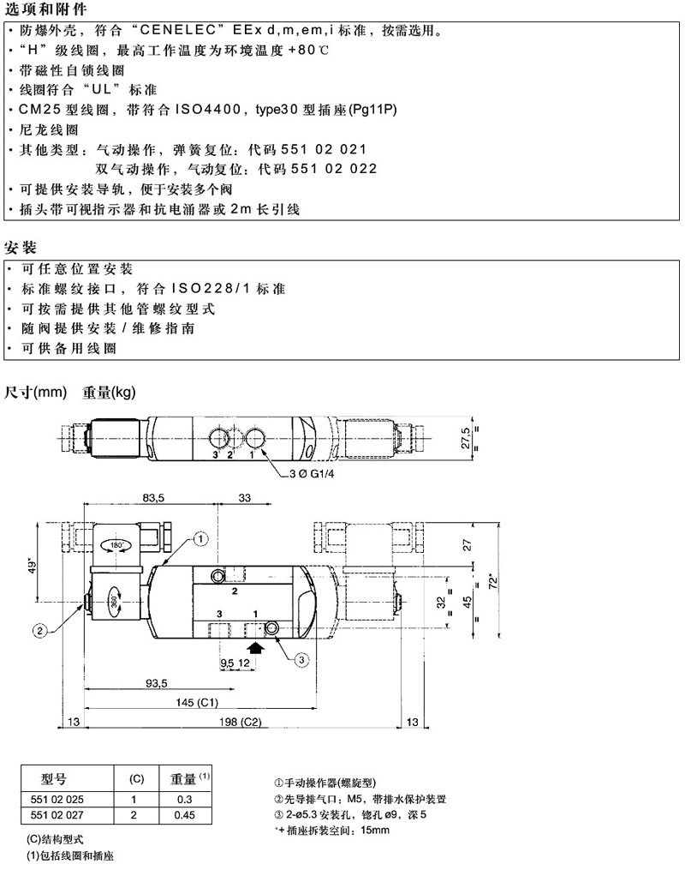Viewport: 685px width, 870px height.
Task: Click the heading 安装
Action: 21,248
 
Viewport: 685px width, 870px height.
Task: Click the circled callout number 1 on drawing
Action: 200,539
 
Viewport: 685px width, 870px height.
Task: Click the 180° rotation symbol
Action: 117,544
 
